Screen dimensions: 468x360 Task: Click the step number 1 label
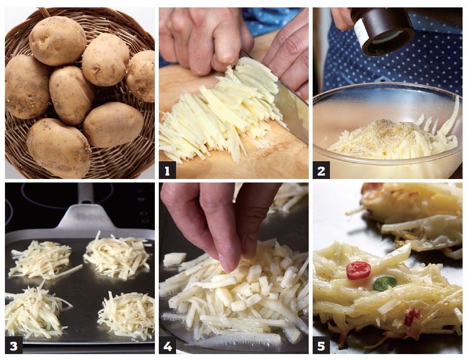tap(168, 171)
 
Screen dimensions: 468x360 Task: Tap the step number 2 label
tap(321, 171)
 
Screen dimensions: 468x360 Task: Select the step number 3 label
tap(14, 345)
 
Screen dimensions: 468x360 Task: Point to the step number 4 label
tap(168, 345)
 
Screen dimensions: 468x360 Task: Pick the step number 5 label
tap(321, 345)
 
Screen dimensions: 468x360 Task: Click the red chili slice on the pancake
tap(359, 270)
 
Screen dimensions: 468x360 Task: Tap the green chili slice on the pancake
tap(385, 283)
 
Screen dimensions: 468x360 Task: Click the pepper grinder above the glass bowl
tap(382, 30)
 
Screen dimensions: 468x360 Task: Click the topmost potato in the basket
tap(58, 41)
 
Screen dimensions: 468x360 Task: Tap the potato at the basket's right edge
tap(141, 76)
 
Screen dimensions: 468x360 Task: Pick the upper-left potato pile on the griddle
tap(42, 260)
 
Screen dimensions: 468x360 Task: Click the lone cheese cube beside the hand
tap(175, 259)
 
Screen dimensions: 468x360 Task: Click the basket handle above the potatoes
tap(45, 12)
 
